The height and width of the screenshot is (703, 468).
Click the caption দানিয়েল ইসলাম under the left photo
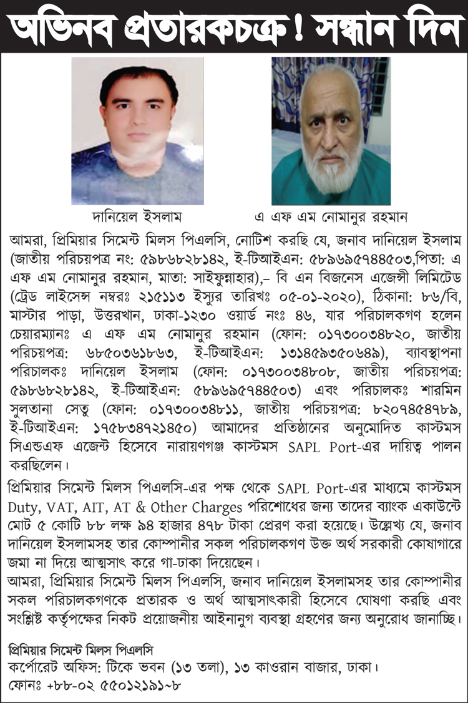137,217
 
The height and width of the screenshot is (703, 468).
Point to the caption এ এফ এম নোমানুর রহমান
331,217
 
